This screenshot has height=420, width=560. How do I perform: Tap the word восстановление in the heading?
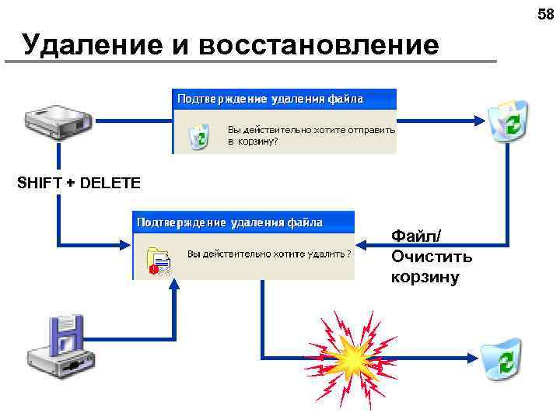319,45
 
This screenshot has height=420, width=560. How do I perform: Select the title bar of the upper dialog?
284,100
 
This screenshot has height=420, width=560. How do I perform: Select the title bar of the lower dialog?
243,222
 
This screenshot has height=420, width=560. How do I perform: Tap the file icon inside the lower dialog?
159,260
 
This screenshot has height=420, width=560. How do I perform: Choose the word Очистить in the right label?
432,256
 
